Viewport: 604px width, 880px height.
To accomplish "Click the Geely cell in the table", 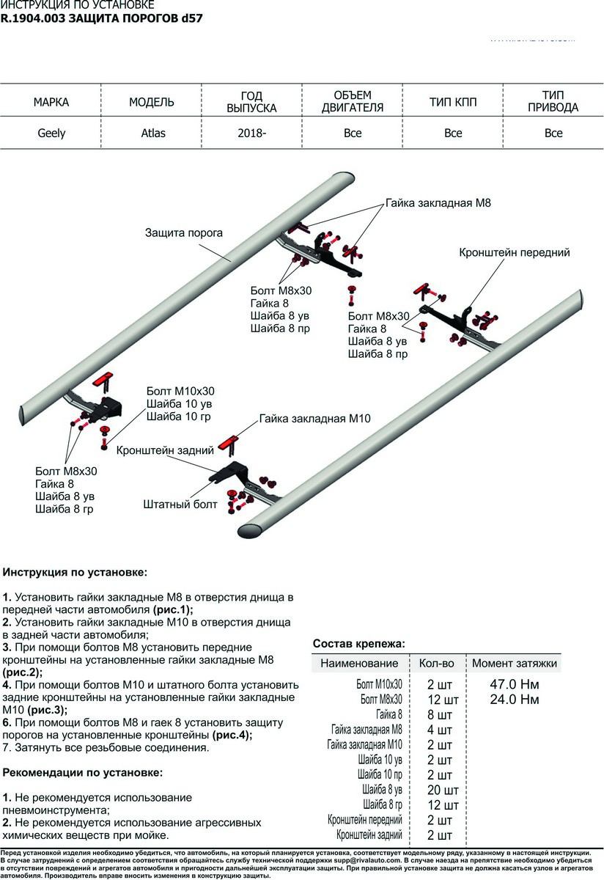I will point(51,133).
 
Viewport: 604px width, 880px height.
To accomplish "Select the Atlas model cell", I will point(153,133).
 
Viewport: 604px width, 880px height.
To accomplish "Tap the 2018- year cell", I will point(251,133).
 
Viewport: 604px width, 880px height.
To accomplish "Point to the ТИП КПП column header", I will point(453,103).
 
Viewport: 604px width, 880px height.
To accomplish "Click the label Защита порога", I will point(183,233).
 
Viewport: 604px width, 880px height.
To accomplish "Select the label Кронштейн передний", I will point(514,252).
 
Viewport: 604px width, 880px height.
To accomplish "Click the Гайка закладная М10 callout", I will point(314,419).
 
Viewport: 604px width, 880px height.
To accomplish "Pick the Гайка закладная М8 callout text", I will point(438,202).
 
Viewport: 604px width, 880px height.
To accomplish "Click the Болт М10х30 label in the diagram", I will point(180,391).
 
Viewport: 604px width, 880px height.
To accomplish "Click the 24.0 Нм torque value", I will point(514,700).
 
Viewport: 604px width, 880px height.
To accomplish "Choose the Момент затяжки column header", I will point(514,663).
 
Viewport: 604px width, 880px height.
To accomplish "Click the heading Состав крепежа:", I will point(358,643).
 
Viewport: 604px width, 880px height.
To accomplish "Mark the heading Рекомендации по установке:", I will point(83,772).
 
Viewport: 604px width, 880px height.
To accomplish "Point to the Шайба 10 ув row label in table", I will point(380,760).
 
